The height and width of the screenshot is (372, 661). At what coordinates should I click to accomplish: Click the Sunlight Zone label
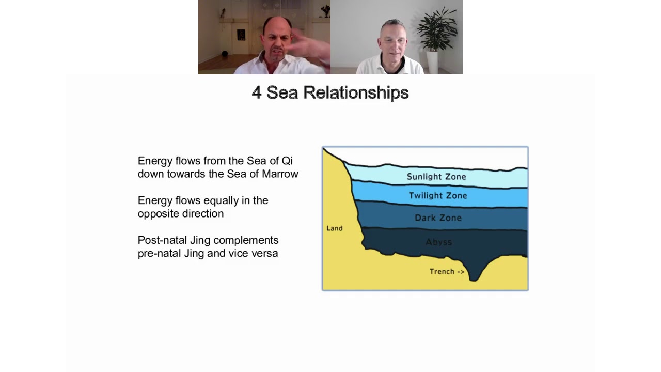click(x=436, y=177)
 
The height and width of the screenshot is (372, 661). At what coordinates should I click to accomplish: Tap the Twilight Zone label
click(x=438, y=195)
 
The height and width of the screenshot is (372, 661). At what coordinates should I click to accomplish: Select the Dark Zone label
click(x=438, y=218)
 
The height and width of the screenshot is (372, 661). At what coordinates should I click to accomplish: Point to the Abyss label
click(x=439, y=242)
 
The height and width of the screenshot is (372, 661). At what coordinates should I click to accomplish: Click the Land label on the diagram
click(x=335, y=228)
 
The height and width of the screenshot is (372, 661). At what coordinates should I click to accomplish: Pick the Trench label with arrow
click(x=447, y=272)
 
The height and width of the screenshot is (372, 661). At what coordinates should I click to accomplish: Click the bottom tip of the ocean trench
click(x=474, y=280)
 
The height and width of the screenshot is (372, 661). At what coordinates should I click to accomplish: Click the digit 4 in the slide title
click(x=257, y=92)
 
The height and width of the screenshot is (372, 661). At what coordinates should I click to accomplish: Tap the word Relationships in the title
click(x=356, y=92)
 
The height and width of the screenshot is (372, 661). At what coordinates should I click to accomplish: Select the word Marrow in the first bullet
click(x=280, y=174)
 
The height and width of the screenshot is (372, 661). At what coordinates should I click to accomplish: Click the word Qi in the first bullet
click(x=287, y=161)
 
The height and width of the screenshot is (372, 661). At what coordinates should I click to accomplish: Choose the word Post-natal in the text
click(x=162, y=240)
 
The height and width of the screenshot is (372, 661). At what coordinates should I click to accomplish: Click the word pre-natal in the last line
click(x=160, y=253)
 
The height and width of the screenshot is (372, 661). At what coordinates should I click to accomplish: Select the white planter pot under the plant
click(x=432, y=63)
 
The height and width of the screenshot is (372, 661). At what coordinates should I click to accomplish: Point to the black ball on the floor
click(x=225, y=54)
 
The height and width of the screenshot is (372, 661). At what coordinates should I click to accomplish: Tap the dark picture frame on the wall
click(x=241, y=35)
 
